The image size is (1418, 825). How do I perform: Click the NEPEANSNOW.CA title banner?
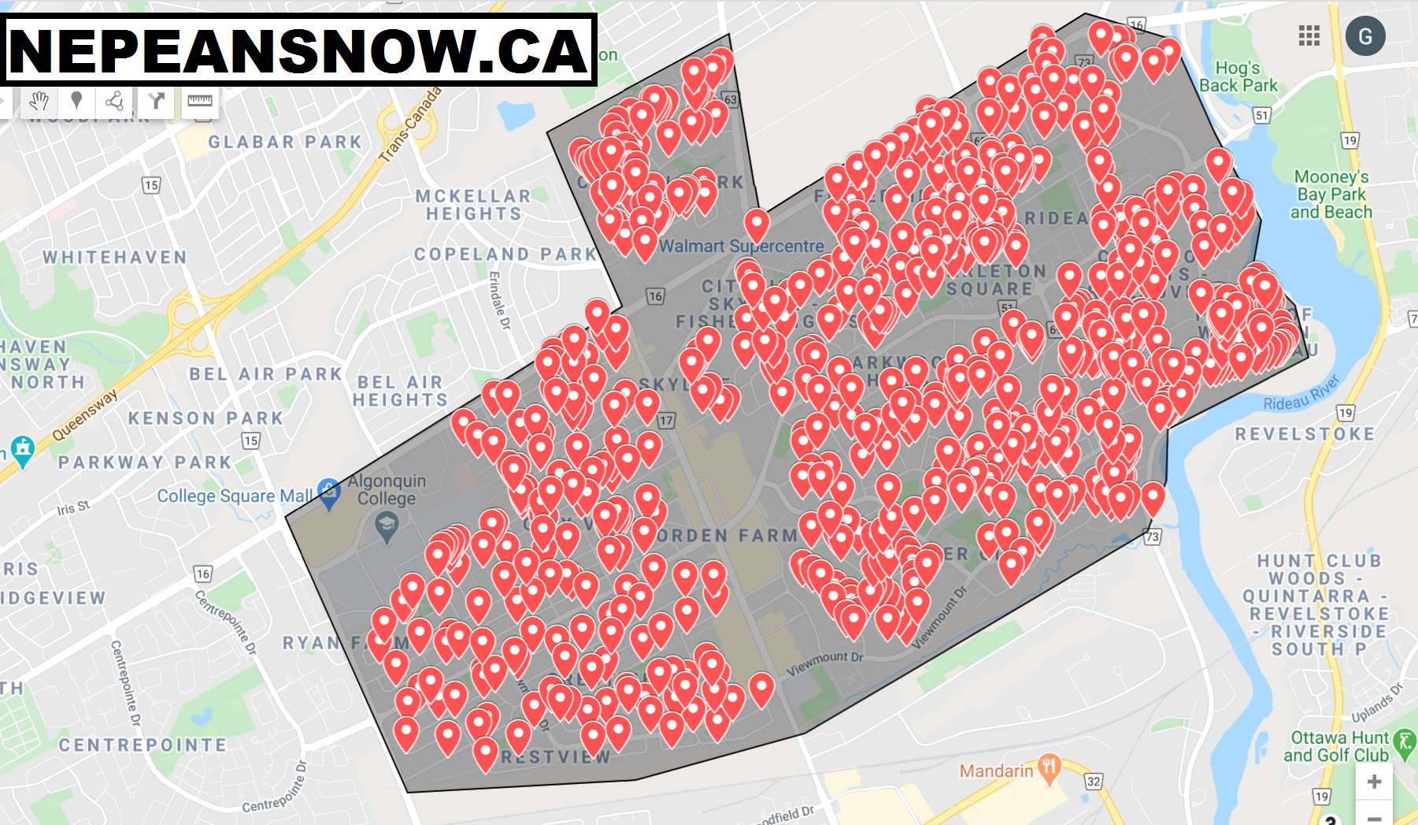tap(299, 50)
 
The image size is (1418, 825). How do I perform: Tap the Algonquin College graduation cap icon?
tap(386, 525)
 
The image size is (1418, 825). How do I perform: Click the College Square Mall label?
tap(235, 496)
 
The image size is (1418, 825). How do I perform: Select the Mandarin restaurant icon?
tap(1049, 767)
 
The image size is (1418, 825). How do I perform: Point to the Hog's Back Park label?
tap(1238, 76)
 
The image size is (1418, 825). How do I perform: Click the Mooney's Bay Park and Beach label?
tap(1331, 194)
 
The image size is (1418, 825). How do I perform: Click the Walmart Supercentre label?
tap(741, 246)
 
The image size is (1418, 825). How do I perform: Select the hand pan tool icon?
tap(39, 101)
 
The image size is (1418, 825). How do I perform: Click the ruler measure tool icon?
tap(200, 101)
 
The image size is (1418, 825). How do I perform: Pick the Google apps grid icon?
tap(1309, 35)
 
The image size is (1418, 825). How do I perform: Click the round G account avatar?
tap(1365, 36)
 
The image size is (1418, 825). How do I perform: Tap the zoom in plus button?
tap(1374, 782)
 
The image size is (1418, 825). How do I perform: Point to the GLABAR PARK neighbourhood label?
tap(285, 142)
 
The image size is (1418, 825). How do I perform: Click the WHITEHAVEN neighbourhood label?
tap(115, 257)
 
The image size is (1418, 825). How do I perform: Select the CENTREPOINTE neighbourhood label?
tap(143, 745)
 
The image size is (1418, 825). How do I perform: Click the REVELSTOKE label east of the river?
tap(1305, 434)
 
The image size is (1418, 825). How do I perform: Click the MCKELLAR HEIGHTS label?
tap(473, 205)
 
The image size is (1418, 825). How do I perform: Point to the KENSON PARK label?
tap(205, 418)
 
